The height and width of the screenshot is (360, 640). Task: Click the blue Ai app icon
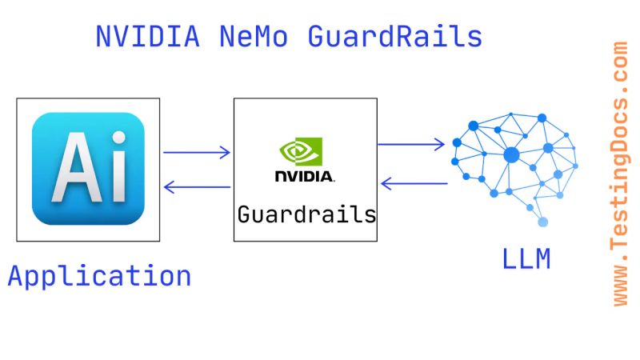[88, 169]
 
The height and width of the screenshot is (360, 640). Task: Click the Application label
[99, 276]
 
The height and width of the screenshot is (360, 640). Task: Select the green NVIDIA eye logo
[301, 151]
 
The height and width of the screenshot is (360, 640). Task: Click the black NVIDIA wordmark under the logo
[305, 175]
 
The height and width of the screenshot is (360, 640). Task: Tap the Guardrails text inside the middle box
[306, 214]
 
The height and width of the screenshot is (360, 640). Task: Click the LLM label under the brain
[526, 259]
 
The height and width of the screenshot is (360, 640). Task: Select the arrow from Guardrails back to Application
[197, 187]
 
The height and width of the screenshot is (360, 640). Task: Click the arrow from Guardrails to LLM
[411, 144]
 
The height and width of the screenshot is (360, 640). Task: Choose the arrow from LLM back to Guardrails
[414, 183]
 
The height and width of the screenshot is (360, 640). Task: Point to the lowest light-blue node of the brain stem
[543, 222]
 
